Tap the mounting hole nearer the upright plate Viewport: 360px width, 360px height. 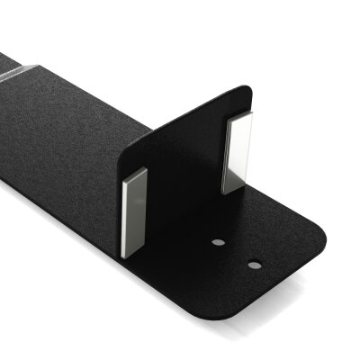(219, 243)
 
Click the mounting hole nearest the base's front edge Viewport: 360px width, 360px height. (255, 265)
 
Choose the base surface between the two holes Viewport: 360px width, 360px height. (237, 255)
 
